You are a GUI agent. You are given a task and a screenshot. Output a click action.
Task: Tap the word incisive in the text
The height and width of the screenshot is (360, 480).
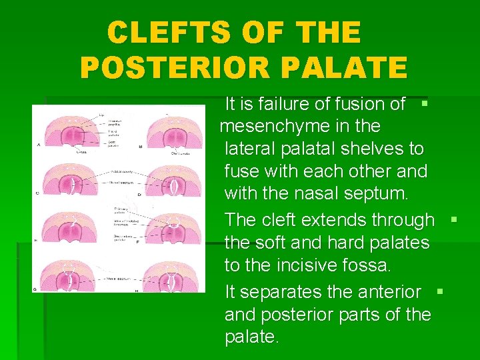[x=309, y=265]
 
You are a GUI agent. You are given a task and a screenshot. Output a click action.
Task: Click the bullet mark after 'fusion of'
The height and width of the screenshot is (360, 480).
[x=424, y=104]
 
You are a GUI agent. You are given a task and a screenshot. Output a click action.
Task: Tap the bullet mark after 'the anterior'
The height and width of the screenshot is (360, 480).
[x=439, y=292]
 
